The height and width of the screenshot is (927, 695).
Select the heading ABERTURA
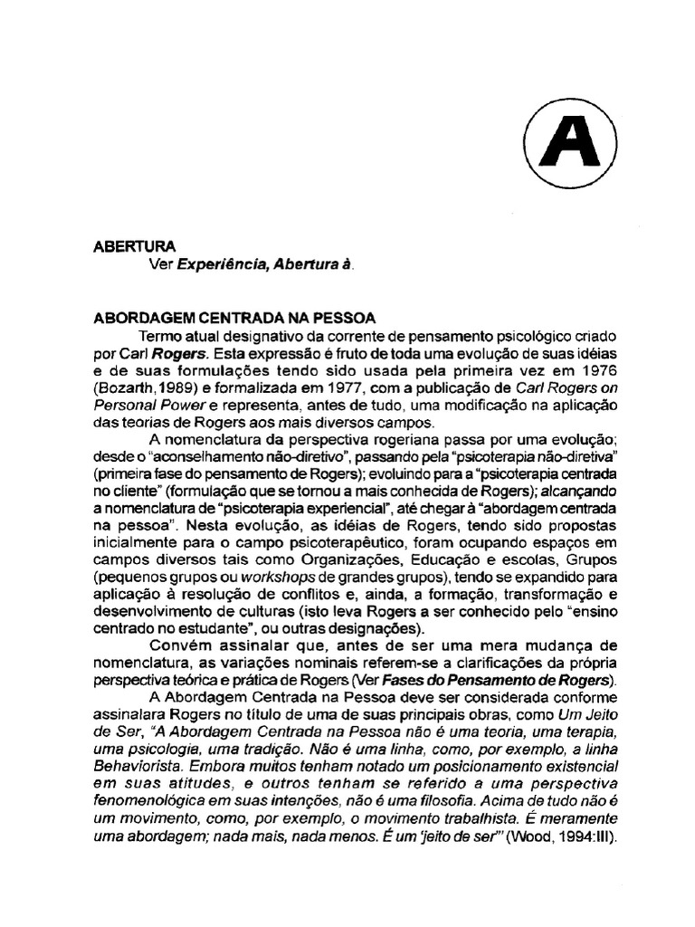[136, 245]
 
